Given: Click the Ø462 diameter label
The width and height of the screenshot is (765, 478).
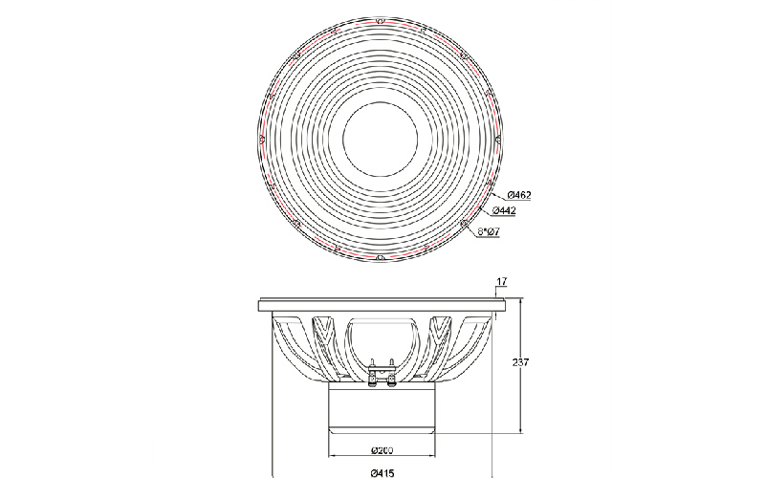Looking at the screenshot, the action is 519,195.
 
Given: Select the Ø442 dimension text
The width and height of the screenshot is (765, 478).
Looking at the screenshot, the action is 504,210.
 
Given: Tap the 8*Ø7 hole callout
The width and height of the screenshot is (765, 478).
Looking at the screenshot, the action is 489,231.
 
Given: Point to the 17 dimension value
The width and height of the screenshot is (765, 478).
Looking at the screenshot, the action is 501,281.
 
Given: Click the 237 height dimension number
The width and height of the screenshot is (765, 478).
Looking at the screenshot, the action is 520,362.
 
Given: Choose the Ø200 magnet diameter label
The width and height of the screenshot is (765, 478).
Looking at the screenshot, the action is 382,450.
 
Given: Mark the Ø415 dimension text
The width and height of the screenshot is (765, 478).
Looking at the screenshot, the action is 382,472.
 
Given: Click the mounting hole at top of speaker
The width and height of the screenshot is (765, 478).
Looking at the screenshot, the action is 381,21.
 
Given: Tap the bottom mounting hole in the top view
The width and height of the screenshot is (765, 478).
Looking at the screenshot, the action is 381,257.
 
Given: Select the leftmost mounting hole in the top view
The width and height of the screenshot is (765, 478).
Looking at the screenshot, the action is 262,140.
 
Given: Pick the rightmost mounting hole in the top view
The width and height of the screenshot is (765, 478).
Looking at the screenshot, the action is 498,140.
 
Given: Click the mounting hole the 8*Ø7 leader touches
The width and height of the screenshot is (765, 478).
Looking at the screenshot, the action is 464,224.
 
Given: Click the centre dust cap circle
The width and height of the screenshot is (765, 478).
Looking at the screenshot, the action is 381,139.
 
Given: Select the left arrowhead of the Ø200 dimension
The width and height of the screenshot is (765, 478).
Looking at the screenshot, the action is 332,456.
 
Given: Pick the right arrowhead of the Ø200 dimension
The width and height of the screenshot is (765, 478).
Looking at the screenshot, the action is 432,456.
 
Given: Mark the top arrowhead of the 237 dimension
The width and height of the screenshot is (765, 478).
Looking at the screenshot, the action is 520,302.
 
